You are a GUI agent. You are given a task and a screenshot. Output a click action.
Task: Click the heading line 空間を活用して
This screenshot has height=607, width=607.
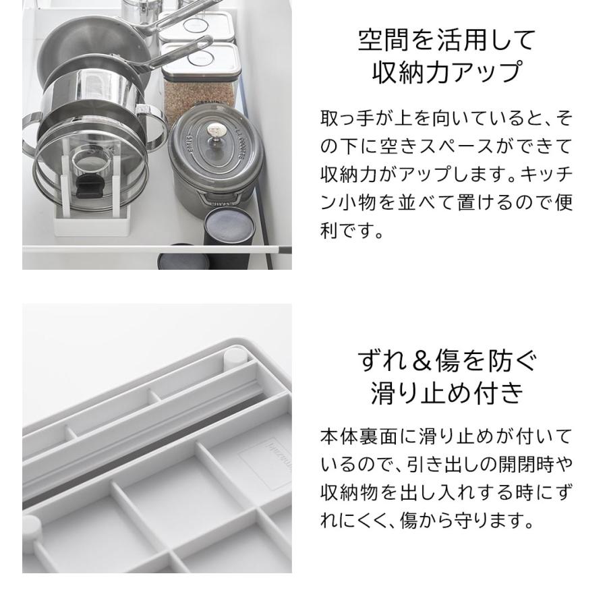(x=446, y=41)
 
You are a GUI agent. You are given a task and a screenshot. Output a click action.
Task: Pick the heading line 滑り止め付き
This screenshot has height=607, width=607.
(x=446, y=393)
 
